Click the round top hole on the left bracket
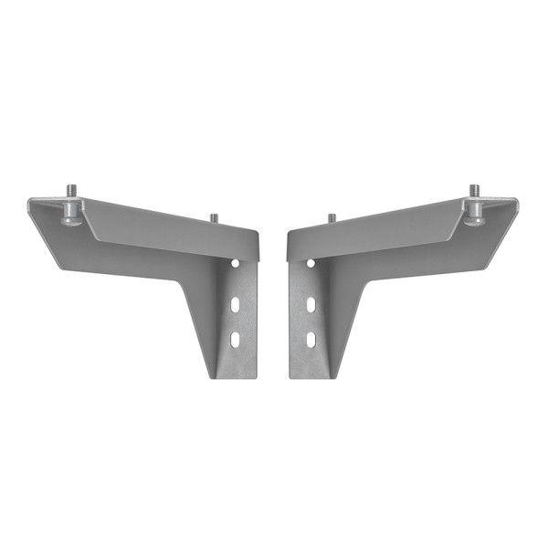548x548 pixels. (236, 262)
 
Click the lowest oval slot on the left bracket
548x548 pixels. (236, 339)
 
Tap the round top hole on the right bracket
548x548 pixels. (311, 263)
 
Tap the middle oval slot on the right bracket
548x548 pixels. (311, 301)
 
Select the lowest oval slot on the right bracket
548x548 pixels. (311, 340)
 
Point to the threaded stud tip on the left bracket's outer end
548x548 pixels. (71, 190)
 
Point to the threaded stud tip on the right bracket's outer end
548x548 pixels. (475, 190)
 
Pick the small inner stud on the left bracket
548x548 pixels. (214, 217)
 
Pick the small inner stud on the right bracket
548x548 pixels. (332, 217)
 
